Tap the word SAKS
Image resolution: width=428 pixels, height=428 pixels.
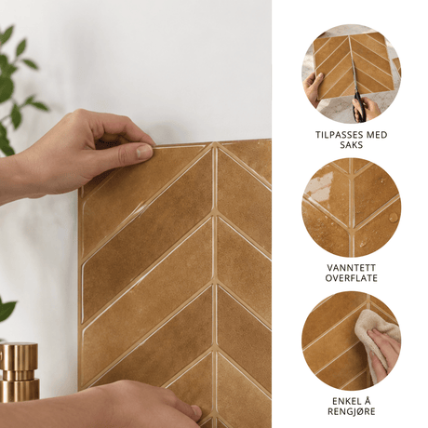point(352,145)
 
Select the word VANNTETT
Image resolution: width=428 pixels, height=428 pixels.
point(352,268)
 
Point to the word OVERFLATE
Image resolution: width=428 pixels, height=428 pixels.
point(352,278)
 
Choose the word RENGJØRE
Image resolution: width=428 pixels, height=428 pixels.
point(352,411)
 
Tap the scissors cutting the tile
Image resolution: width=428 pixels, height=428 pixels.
point(357,92)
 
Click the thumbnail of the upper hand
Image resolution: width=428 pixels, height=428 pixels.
point(144,152)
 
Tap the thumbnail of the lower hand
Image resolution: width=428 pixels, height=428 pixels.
point(196,411)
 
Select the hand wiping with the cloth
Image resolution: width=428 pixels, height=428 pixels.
point(384,352)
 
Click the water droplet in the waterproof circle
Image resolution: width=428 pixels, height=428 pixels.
point(394,217)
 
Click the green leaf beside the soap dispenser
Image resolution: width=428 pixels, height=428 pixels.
point(7,310)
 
